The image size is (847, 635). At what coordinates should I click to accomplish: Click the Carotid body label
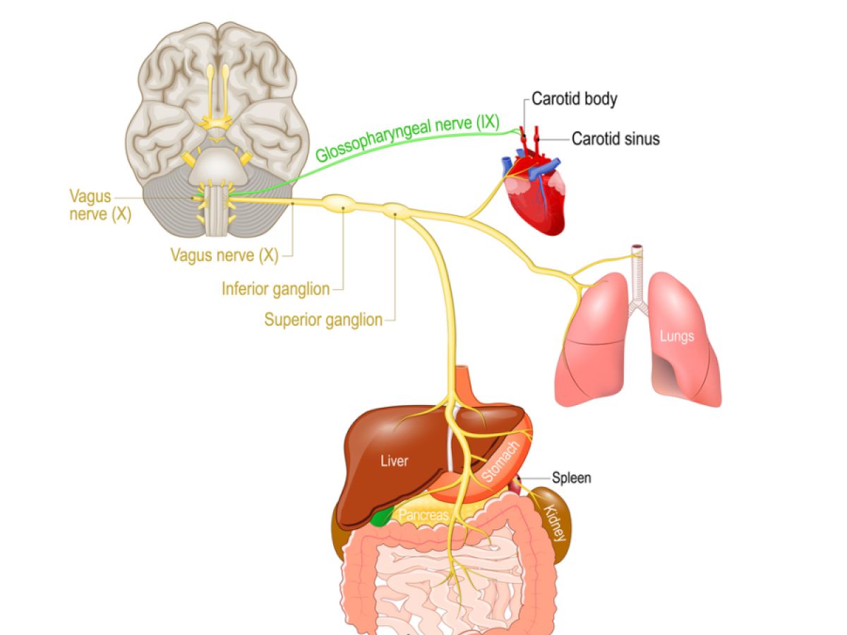point(574,99)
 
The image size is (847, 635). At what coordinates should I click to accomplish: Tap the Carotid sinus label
point(615,139)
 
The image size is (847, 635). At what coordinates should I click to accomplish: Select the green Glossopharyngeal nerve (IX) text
point(407,139)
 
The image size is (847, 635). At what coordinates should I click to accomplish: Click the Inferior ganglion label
point(275,289)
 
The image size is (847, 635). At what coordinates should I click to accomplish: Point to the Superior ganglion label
point(323,320)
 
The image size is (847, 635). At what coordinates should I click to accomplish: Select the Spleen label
point(572,478)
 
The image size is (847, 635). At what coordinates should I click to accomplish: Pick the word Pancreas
point(423,516)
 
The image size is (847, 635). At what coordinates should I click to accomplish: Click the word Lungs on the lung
point(676,336)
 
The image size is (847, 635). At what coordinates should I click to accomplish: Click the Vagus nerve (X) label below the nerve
point(224,255)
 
